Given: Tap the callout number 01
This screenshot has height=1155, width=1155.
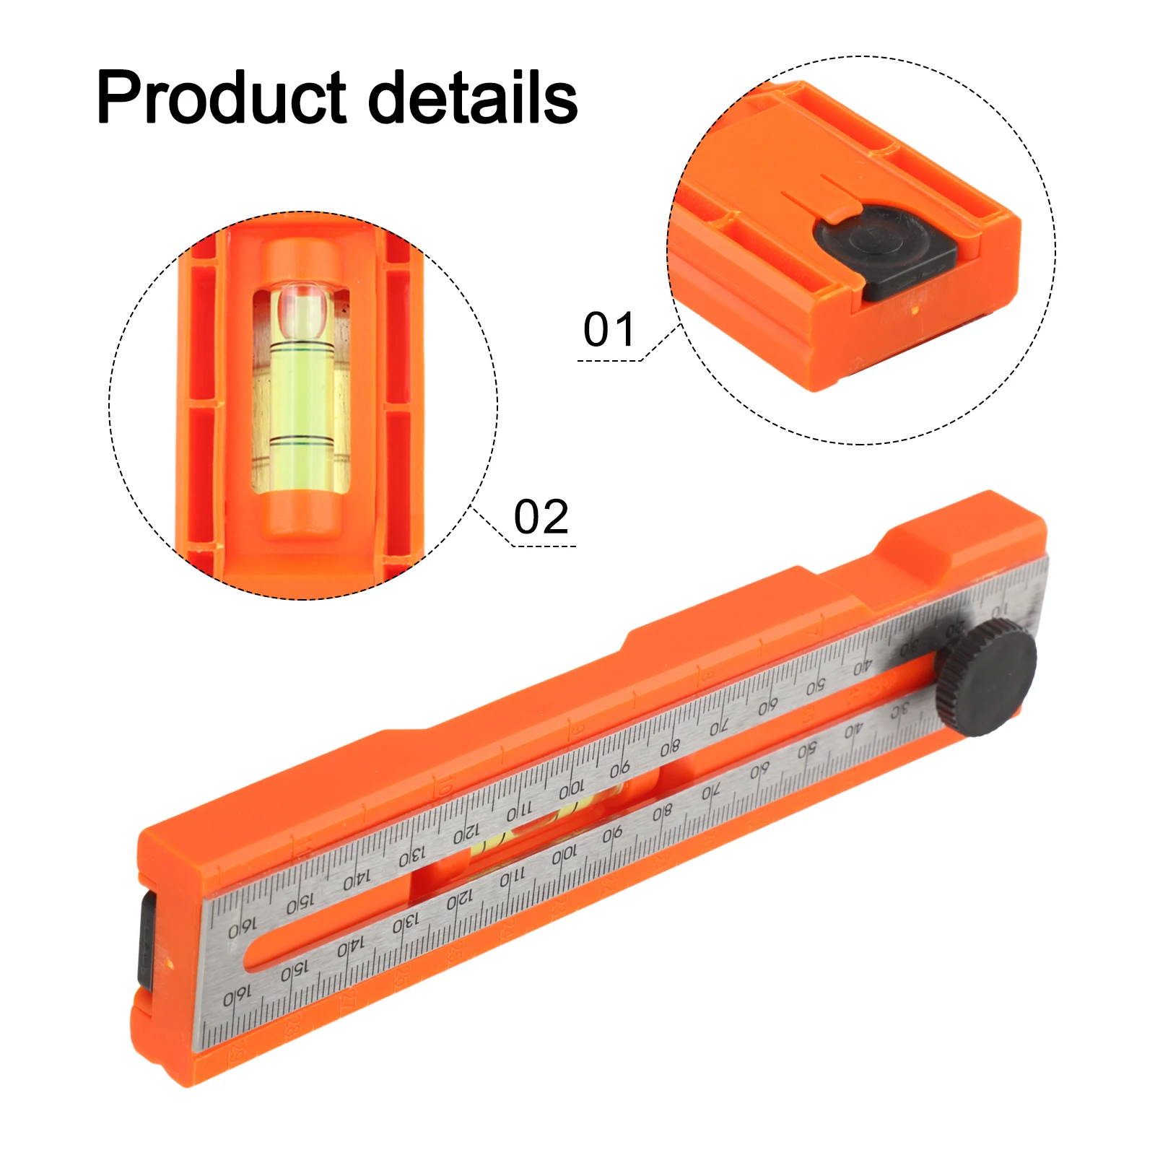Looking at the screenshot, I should pyautogui.click(x=609, y=330).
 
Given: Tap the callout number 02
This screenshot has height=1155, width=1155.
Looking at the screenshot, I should pyautogui.click(x=541, y=517).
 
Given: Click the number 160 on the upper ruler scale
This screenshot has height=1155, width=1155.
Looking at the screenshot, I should pyautogui.click(x=243, y=928).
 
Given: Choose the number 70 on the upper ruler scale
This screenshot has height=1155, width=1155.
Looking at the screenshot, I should pyautogui.click(x=719, y=727).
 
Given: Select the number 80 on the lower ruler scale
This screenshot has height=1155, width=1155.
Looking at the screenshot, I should pyautogui.click(x=662, y=814).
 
